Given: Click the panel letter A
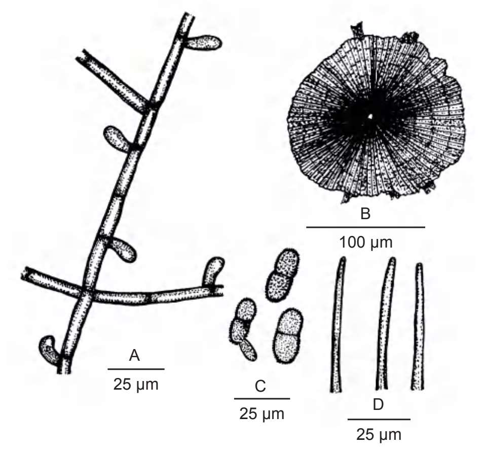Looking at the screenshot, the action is (134, 355).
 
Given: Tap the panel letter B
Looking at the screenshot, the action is (365, 214).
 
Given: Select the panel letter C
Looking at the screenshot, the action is (260, 386).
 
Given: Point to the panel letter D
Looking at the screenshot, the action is (379, 405).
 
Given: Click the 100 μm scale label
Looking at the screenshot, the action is (366, 243).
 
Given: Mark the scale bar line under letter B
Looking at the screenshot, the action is (365, 227).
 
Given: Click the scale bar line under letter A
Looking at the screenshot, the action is (136, 369).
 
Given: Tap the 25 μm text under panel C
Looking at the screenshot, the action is (262, 414).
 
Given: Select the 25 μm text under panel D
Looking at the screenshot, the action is (379, 434).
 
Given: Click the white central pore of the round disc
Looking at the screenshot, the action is (370, 117).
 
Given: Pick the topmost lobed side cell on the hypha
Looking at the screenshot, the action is (203, 43).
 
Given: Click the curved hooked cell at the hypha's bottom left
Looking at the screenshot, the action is (48, 350).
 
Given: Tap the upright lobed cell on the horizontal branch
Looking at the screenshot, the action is (213, 272).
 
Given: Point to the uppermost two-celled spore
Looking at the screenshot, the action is (282, 275).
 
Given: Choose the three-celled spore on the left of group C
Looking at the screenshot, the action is (244, 329).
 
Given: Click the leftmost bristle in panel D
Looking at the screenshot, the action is (338, 325).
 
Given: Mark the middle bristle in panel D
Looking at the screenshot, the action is (385, 323).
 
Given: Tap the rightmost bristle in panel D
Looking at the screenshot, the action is (418, 326).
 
